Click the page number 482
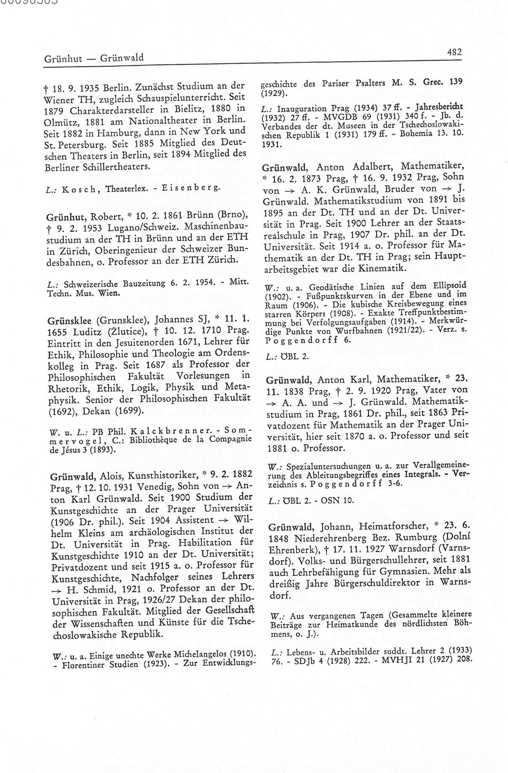coord(454,52)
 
